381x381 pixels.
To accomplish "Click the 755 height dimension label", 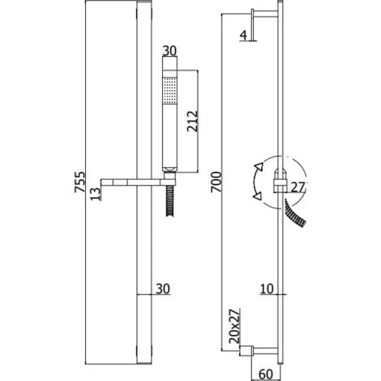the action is [79, 182].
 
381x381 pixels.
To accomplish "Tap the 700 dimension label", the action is [216, 182].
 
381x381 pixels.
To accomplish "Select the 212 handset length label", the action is [192, 121].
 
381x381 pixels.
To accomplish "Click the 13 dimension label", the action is [96, 194].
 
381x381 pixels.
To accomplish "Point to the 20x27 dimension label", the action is [234, 326].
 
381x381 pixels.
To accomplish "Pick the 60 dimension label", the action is [265, 375].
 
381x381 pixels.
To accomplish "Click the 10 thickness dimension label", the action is [267, 289].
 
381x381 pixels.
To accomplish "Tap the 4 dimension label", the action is [243, 36].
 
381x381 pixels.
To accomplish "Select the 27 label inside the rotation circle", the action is [298, 187].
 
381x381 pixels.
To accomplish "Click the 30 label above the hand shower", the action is [169, 51].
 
